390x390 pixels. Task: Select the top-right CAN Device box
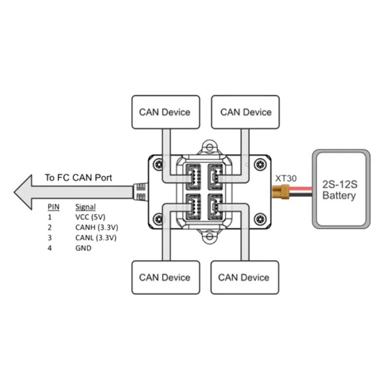[x=245, y=112]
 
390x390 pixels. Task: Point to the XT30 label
[x=285, y=178]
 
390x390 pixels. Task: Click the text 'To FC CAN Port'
[x=78, y=177]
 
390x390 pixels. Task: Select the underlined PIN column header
[x=54, y=207]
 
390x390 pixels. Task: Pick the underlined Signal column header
[x=86, y=207]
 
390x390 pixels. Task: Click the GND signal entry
[x=83, y=248]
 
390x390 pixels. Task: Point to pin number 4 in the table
[x=49, y=248]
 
